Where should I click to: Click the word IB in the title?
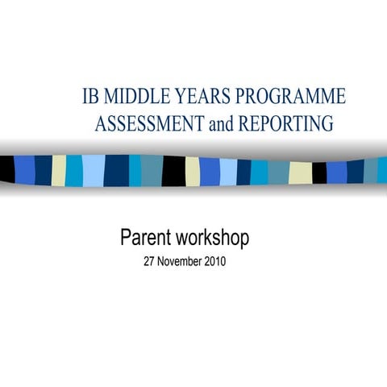[91, 98]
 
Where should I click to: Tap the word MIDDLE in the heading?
[137, 98]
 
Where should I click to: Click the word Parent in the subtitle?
[146, 238]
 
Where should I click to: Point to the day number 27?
[148, 262]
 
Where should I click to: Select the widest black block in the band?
[173, 170]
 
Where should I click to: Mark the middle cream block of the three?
[193, 171]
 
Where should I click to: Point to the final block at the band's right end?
[382, 170]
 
